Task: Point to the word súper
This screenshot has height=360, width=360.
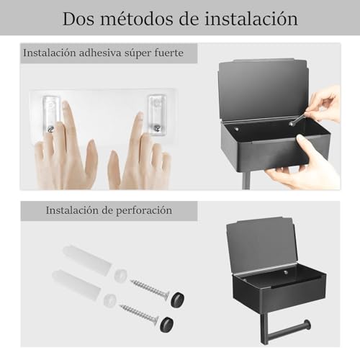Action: tap(147, 53)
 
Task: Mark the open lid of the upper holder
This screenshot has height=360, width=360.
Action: tap(263, 88)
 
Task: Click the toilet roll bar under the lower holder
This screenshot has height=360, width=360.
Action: tap(288, 330)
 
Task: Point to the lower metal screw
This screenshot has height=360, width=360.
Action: tap(138, 314)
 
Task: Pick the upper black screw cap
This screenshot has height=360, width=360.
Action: tap(176, 299)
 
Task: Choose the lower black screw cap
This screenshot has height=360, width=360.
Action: tap(167, 325)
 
